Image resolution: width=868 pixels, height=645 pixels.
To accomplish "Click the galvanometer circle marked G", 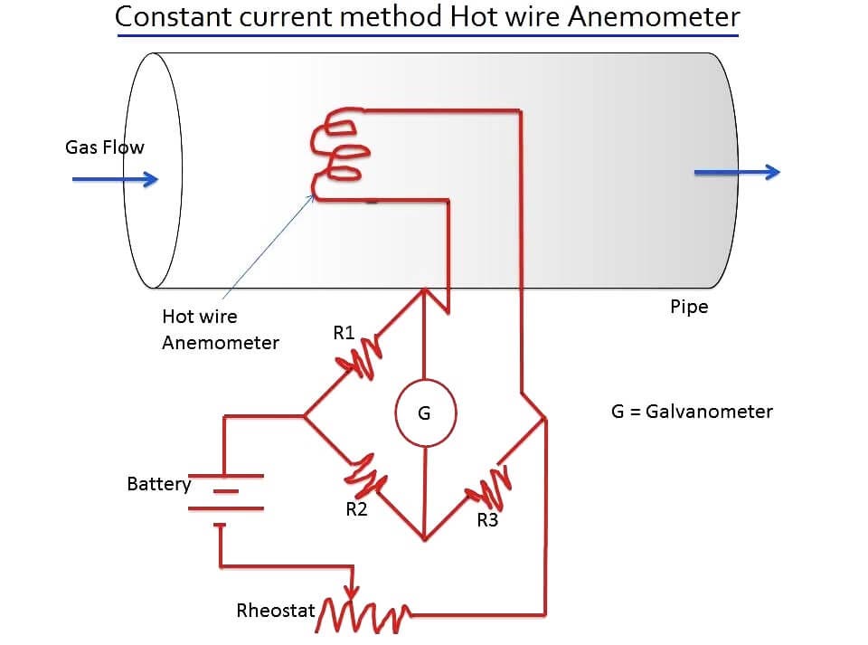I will point(424,414).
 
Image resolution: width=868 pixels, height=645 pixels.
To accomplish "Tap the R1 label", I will point(344,333).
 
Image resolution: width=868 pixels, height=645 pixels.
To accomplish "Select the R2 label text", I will point(356,509).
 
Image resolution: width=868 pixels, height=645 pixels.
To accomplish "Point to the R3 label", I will point(487,520).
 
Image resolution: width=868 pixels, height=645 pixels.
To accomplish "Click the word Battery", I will point(159,484).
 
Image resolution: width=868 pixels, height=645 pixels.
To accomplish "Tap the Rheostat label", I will point(275,611).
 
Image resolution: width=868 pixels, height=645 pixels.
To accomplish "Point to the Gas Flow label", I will point(104,147).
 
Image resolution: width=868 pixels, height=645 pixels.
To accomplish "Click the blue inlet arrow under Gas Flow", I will point(115,179).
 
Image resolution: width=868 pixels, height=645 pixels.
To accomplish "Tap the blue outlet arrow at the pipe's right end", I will point(735,173).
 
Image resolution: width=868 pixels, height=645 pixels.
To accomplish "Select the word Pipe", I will point(689,307).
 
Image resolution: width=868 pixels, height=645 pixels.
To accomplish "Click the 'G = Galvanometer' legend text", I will point(692,412).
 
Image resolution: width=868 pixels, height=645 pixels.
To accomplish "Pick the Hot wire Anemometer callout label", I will point(220,329).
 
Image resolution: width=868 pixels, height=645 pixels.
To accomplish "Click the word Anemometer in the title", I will point(653,16).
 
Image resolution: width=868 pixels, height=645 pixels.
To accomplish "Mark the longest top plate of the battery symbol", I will point(226,476).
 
